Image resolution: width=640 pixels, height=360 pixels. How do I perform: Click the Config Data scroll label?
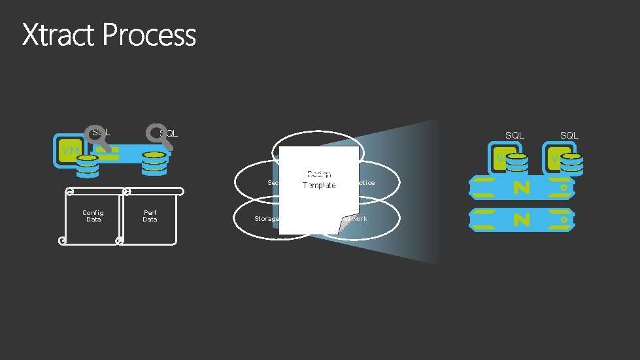[93, 216]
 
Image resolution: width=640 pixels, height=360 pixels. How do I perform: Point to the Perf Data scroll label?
[150, 216]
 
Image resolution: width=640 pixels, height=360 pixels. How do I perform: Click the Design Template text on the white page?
[319, 180]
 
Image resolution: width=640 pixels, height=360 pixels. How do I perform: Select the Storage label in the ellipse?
[266, 218]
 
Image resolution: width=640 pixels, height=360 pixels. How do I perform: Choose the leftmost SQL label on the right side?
[514, 135]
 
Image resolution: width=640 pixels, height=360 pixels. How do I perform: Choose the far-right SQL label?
[569, 135]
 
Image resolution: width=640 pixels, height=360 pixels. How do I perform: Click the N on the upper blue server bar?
[521, 188]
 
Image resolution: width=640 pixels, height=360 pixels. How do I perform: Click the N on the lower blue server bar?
[521, 219]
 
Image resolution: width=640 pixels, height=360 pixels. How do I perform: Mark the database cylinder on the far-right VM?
[572, 165]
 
